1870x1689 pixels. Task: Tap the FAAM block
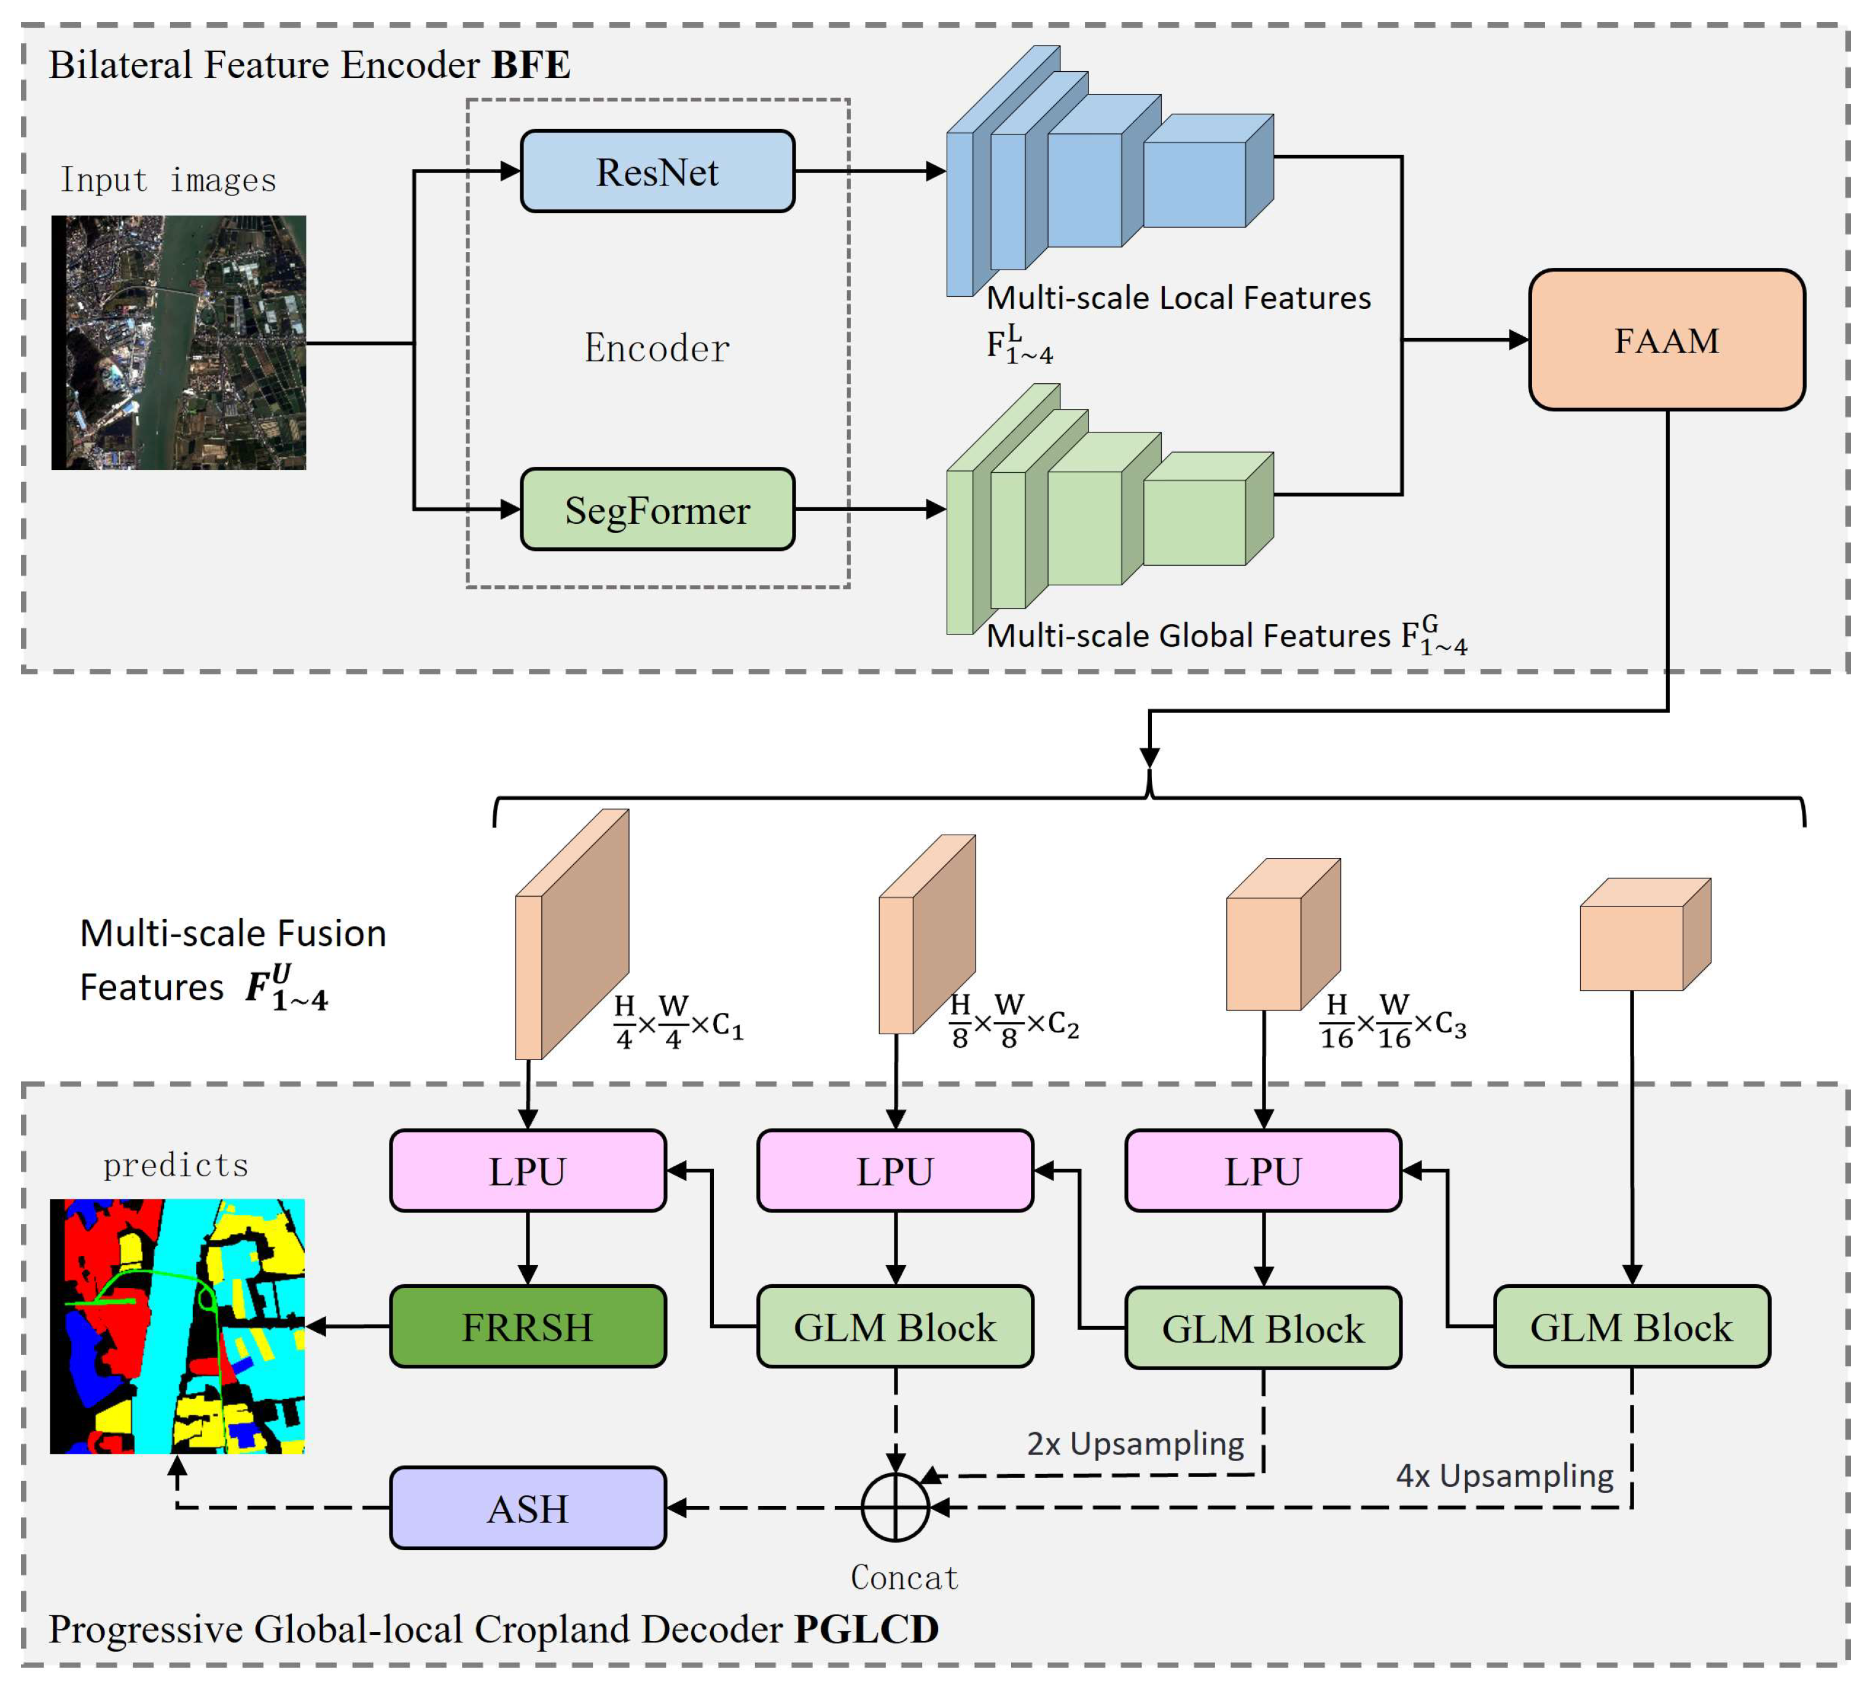pyautogui.click(x=1666, y=340)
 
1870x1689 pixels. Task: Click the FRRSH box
pyautogui.click(x=527, y=1327)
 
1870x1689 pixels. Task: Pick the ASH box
pyautogui.click(x=527, y=1509)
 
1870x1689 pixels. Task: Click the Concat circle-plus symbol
pyautogui.click(x=895, y=1507)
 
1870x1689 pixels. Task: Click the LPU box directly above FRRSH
pyautogui.click(x=527, y=1171)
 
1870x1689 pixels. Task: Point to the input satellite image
pyautogui.click(x=178, y=342)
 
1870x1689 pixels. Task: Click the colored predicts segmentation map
pyautogui.click(x=177, y=1327)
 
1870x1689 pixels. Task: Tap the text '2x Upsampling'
pyautogui.click(x=1135, y=1444)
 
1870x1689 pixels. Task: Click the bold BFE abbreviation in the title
pyautogui.click(x=531, y=66)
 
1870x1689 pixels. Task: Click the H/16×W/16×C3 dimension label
pyautogui.click(x=1391, y=1021)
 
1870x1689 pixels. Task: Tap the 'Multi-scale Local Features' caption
pyautogui.click(x=1178, y=298)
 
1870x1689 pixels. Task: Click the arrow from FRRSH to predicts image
pyautogui.click(x=348, y=1327)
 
